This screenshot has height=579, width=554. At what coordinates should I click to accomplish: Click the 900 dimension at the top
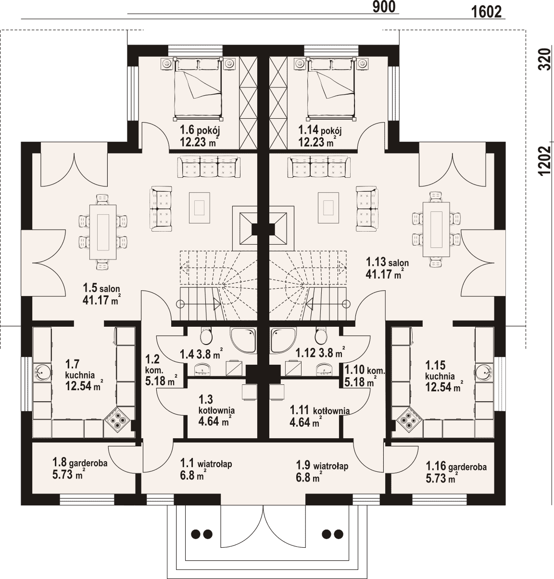(x=384, y=7)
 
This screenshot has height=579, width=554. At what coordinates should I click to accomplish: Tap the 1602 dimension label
(x=487, y=12)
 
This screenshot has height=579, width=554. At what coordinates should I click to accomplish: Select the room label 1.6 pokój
(x=200, y=130)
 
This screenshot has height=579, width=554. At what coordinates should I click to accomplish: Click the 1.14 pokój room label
(x=320, y=130)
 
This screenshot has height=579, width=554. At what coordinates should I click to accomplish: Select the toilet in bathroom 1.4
(x=206, y=335)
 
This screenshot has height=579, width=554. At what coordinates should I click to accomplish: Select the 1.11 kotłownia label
(x=320, y=411)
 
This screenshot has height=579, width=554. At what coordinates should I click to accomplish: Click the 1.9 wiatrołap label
(x=322, y=465)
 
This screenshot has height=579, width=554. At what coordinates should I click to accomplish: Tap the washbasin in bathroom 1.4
(x=203, y=369)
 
